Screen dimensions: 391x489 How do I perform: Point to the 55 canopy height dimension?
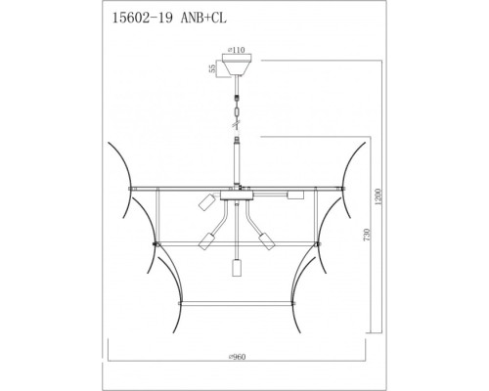pos(210,69)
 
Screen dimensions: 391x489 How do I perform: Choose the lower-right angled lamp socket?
pos(263,240)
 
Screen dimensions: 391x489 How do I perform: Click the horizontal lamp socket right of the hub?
pos(293,196)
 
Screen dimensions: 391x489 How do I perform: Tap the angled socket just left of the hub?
pos(205,202)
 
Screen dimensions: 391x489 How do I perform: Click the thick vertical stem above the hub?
pos(235,162)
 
